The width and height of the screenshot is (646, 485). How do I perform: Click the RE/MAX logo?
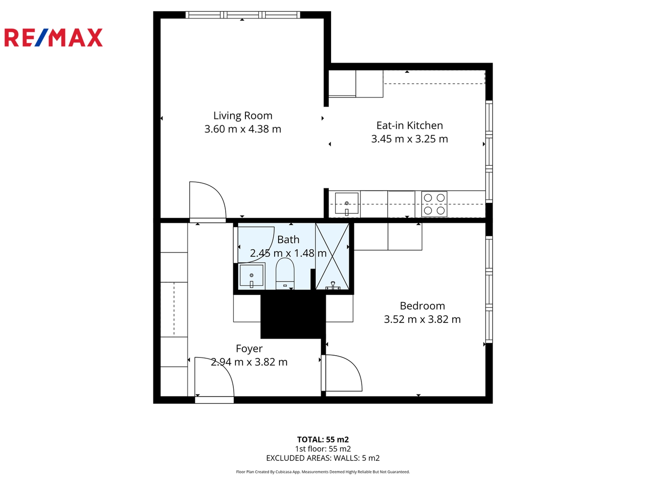pyautogui.click(x=53, y=37)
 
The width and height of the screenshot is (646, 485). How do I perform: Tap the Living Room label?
pyautogui.click(x=243, y=116)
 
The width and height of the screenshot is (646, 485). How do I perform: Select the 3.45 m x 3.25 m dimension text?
pyautogui.click(x=410, y=139)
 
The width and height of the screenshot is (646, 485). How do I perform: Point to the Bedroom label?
pyautogui.click(x=422, y=306)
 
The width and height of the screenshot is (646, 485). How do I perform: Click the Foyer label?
pyautogui.click(x=249, y=348)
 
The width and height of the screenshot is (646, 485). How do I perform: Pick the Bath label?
pyautogui.click(x=288, y=240)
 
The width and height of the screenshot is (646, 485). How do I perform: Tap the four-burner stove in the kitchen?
pyautogui.click(x=434, y=204)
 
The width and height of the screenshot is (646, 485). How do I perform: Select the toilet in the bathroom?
pyautogui.click(x=285, y=273)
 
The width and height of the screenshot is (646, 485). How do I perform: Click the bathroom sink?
pyautogui.click(x=251, y=276)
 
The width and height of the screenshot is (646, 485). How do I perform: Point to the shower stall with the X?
pyautogui.click(x=332, y=256)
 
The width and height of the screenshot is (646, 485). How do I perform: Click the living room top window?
pyautogui.click(x=243, y=15)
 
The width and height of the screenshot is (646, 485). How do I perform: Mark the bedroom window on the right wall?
pyautogui.click(x=489, y=290)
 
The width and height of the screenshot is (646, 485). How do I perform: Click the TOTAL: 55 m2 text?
pyautogui.click(x=323, y=439)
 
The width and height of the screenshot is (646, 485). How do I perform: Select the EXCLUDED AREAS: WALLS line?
pyautogui.click(x=323, y=458)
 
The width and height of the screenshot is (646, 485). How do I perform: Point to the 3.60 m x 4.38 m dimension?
pyautogui.click(x=243, y=129)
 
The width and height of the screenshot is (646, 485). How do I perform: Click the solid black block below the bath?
pyautogui.click(x=293, y=316)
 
